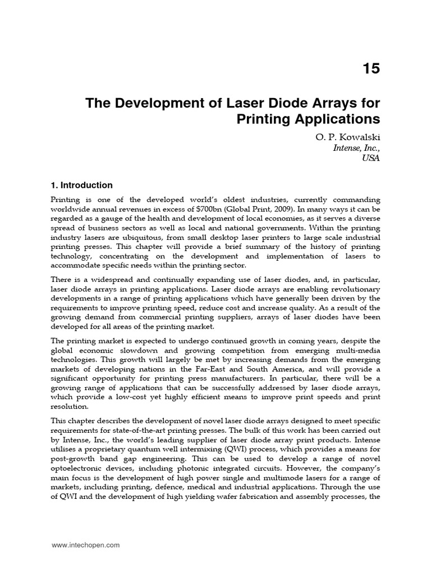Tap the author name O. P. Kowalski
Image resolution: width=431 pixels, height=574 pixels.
coord(349,137)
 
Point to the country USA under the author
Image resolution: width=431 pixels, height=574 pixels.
coord(371,159)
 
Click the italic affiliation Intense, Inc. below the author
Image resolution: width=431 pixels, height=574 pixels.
coord(356,148)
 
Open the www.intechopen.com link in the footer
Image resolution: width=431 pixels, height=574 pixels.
coord(85,545)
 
